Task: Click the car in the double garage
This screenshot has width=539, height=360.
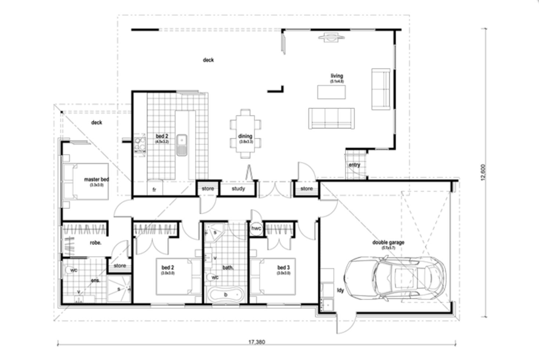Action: tap(396, 277)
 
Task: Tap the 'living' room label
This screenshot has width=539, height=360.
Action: tap(337, 76)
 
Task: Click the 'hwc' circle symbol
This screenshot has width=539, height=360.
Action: tap(256, 228)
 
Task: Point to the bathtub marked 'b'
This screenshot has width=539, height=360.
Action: tap(225, 295)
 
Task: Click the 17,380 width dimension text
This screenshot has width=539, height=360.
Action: tap(257, 342)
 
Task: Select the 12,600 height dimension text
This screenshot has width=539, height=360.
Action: tap(483, 172)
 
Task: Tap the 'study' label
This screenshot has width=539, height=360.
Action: tap(238, 188)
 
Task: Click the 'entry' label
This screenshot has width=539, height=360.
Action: tap(354, 165)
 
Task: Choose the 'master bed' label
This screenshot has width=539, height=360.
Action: tap(97, 179)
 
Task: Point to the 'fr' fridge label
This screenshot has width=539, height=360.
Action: tap(154, 190)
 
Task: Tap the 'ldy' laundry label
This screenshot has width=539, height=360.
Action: tap(340, 290)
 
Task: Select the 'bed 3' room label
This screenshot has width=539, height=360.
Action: tap(283, 267)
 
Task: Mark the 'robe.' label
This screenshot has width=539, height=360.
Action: tap(95, 243)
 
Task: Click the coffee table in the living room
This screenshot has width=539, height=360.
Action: tap(331, 92)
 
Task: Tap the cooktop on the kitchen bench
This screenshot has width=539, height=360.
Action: tap(140, 144)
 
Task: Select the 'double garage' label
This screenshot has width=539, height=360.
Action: tap(388, 242)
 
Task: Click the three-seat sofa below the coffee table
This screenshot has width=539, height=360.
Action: tap(331, 118)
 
